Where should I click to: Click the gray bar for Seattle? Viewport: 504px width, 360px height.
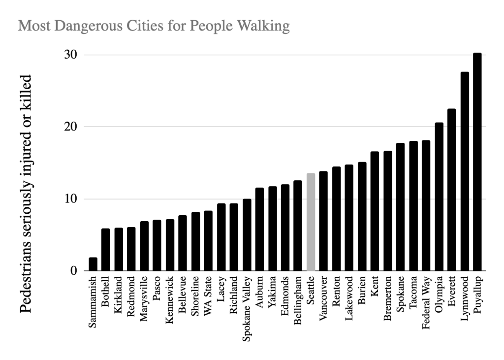(311, 222)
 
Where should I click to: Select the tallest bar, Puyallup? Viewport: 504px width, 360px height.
(477, 162)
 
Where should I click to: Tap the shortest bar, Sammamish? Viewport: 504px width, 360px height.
(93, 264)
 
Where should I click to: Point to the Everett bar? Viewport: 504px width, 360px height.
(451, 190)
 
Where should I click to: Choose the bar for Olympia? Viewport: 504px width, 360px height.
(439, 197)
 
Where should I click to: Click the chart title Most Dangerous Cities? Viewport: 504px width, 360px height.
(154, 26)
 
